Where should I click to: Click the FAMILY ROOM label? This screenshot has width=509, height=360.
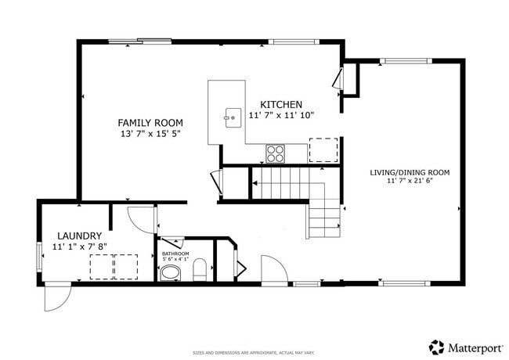(x=150, y=123)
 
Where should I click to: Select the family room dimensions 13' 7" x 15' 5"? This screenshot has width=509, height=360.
(x=150, y=135)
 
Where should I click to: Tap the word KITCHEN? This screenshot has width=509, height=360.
(x=281, y=105)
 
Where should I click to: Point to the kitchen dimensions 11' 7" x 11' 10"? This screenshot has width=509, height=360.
(x=281, y=116)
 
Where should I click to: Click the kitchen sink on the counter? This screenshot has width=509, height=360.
(x=232, y=118)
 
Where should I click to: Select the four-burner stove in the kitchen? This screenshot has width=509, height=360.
(x=275, y=153)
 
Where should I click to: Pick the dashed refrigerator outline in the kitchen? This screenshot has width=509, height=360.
(x=323, y=149)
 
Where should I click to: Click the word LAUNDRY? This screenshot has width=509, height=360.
(x=79, y=236)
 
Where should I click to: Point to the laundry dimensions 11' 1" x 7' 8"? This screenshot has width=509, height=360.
(x=79, y=247)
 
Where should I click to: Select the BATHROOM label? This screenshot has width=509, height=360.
(x=175, y=254)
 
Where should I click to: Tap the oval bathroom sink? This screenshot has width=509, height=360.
(x=170, y=273)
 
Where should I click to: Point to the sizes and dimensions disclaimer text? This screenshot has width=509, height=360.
(x=254, y=353)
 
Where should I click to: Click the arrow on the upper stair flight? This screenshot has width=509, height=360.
(x=256, y=185)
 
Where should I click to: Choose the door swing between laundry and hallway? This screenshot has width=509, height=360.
(x=141, y=218)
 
